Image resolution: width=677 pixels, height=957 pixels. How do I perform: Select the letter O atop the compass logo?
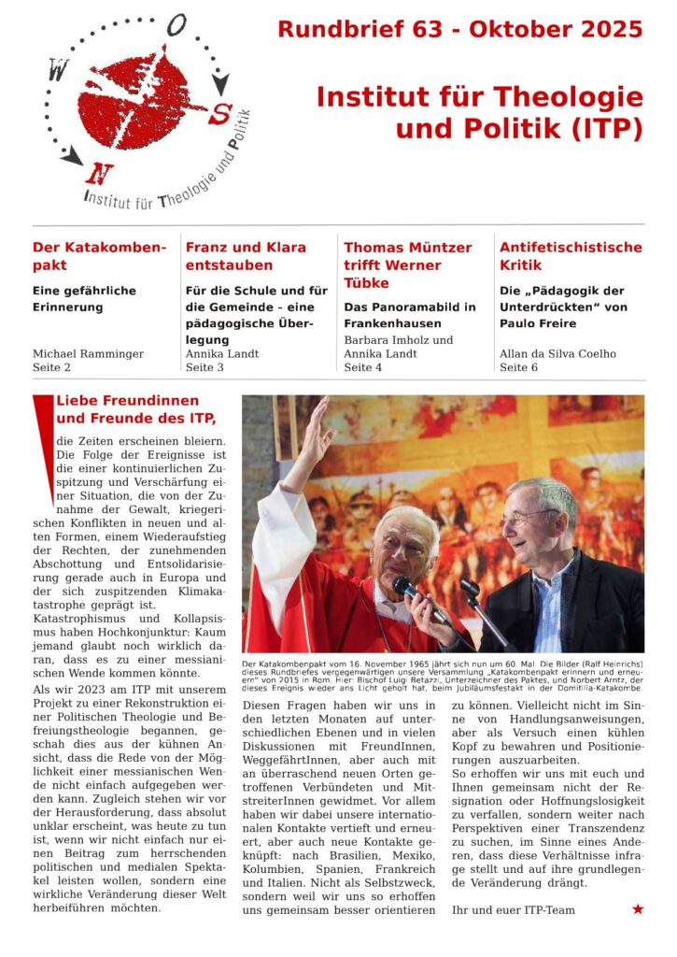[176, 28]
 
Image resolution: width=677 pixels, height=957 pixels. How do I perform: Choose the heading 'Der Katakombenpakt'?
[99, 257]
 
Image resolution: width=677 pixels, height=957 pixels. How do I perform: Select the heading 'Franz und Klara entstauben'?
[246, 257]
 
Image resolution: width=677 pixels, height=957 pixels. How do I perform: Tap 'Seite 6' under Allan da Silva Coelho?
[525, 368]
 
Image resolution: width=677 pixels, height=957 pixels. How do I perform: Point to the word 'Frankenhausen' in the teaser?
[390, 323]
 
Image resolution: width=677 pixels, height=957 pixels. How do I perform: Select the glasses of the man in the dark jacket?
[529, 517]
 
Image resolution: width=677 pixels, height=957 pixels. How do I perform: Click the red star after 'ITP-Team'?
[638, 908]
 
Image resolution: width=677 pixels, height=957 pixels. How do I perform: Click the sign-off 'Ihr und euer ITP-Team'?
[513, 909]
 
